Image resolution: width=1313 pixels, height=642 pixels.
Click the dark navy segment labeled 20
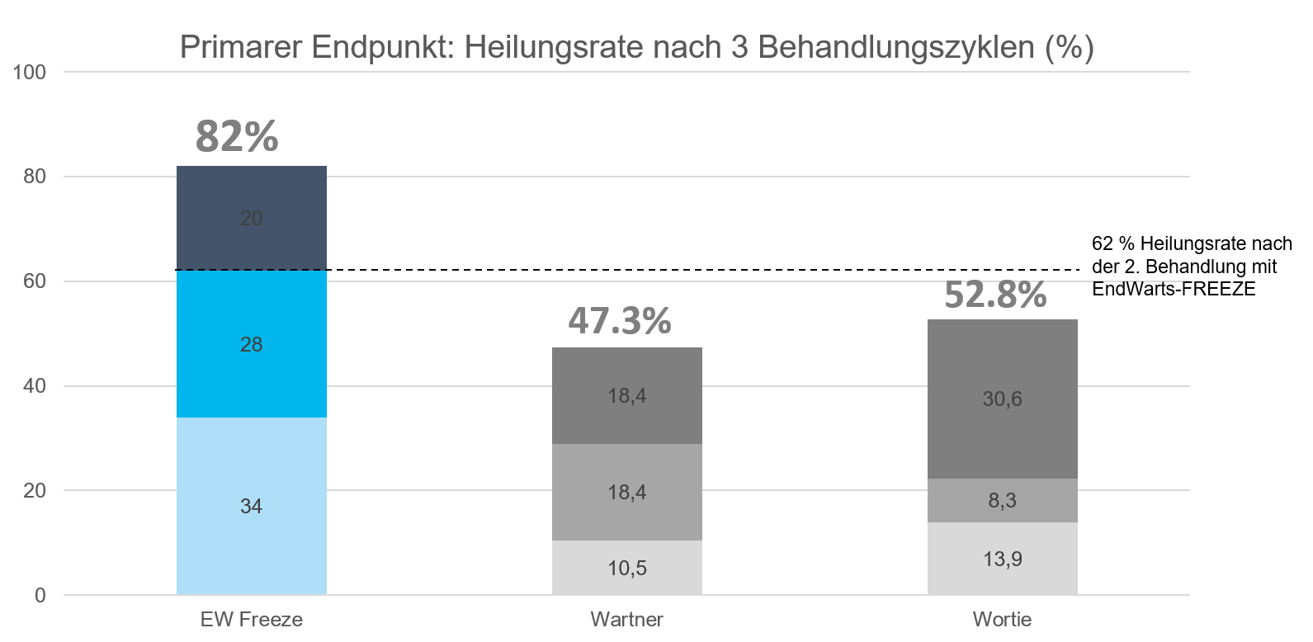(x=251, y=218)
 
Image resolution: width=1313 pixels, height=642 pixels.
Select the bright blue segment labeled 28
(x=251, y=344)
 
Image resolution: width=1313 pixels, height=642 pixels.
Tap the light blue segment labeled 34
(x=251, y=506)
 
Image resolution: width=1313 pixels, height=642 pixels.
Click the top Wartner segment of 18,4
(x=626, y=395)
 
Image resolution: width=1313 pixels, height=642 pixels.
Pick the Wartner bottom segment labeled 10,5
(x=626, y=568)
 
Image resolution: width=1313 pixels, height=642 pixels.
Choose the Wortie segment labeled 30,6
(x=1002, y=399)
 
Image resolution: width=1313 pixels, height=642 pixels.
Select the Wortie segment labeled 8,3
(x=1002, y=500)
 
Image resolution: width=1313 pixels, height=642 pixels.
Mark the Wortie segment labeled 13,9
(x=1002, y=559)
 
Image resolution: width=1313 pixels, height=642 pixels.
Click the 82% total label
(x=237, y=136)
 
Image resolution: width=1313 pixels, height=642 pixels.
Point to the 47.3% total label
(x=620, y=321)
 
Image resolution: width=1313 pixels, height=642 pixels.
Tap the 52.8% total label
(x=995, y=295)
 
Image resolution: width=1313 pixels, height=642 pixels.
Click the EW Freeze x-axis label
(x=251, y=620)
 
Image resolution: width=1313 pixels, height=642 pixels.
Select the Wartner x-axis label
(x=626, y=620)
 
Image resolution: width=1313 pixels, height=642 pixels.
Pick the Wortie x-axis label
(x=1002, y=620)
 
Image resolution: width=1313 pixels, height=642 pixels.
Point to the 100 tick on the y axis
(x=30, y=72)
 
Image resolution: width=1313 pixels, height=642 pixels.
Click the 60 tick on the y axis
(x=35, y=281)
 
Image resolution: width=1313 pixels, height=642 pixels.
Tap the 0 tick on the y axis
(x=40, y=595)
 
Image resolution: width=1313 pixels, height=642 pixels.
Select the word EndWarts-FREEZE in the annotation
(x=1173, y=289)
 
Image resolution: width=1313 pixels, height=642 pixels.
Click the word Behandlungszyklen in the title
(x=895, y=47)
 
